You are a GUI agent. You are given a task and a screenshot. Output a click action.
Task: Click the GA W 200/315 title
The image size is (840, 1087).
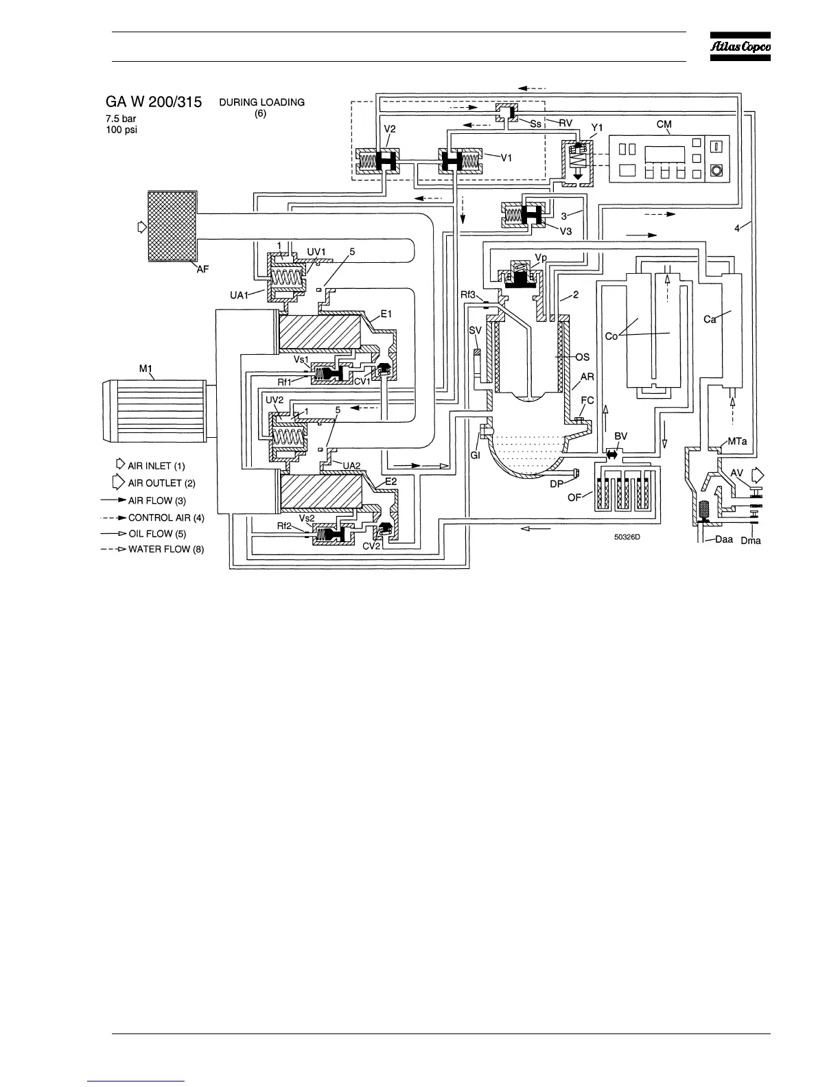pos(154,102)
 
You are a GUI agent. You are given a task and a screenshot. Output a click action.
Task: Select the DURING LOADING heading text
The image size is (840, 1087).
pos(261,102)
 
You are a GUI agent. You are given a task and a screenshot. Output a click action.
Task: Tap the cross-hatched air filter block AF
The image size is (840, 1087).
pos(172,226)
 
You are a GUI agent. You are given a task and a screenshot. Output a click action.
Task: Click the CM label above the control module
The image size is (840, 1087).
pos(664,124)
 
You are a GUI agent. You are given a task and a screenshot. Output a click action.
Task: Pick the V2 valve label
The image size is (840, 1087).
pos(389,128)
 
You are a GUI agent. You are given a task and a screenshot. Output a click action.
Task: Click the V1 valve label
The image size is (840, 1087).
pos(506,158)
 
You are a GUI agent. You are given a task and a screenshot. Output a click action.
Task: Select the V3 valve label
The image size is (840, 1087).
pos(565,231)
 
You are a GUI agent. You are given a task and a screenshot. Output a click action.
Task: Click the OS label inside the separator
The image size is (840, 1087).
pos(582,358)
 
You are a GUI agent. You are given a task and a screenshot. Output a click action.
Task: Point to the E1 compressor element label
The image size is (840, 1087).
pos(386,314)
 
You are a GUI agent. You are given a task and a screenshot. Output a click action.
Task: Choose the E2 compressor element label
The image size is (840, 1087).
pos(390,482)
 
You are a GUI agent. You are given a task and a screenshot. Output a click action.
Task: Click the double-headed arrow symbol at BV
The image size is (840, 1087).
pos(613,454)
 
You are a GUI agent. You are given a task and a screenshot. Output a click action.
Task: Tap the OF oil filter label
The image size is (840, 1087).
pos(575,497)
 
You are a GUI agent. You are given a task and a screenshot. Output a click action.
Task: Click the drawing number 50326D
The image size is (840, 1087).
pos(627,537)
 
